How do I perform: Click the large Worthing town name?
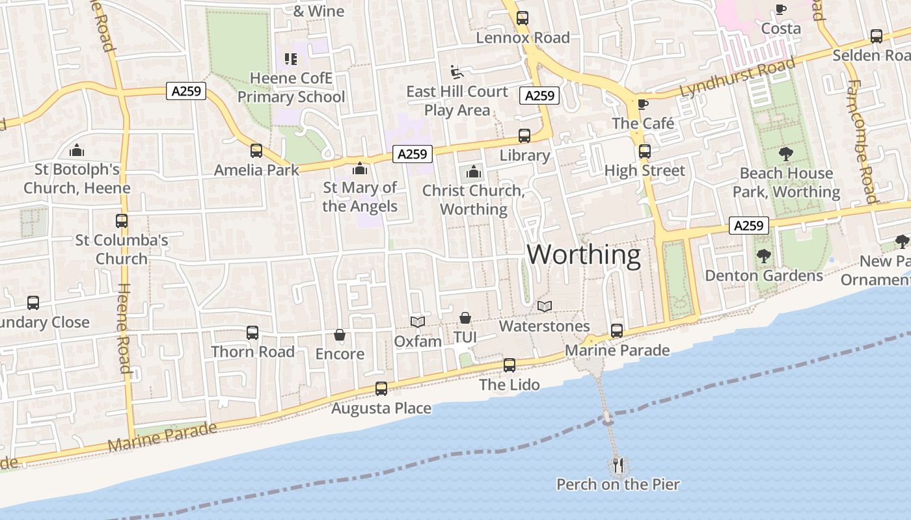pos(584,254)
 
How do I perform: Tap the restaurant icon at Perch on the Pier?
pos(618,465)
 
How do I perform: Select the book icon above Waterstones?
pos(545,306)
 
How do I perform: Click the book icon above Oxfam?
pos(418,322)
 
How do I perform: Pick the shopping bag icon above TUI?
pos(465,318)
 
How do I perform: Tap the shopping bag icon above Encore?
pos(340,335)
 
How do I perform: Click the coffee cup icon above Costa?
pos(781,9)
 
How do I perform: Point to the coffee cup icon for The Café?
pos(643,104)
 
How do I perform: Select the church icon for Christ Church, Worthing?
pos(474,172)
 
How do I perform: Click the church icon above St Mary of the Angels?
pos(359,169)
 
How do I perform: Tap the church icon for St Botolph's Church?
pos(77,151)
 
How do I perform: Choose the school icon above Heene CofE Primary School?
pos(291,60)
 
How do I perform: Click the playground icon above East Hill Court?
pos(457,71)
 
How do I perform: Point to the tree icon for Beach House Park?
pos(786,154)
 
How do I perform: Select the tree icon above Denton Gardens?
pos(764,256)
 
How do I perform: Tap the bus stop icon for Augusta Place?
pos(381,389)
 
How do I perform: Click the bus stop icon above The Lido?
pos(510,365)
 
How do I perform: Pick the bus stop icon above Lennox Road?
pos(523,18)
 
